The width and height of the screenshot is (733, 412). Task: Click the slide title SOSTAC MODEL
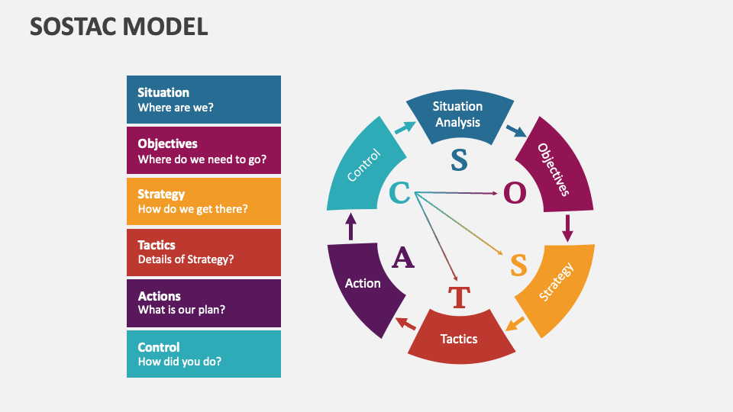(x=118, y=27)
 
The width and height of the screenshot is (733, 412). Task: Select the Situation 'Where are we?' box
(x=204, y=99)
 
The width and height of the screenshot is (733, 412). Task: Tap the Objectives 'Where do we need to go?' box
(x=204, y=150)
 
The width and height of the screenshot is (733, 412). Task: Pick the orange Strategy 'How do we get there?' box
(x=204, y=201)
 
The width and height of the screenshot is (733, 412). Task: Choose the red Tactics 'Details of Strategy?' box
(x=204, y=253)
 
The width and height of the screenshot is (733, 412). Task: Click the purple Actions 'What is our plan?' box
(x=204, y=303)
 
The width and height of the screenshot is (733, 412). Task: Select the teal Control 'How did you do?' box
(x=204, y=354)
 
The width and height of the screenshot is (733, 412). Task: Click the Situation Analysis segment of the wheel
(x=457, y=115)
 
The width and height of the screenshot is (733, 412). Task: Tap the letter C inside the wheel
(x=400, y=193)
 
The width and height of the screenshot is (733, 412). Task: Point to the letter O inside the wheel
(x=515, y=194)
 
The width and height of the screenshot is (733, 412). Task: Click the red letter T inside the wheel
(x=458, y=297)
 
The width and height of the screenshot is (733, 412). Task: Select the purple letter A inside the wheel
(x=403, y=259)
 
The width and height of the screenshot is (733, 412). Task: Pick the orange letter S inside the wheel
(x=518, y=266)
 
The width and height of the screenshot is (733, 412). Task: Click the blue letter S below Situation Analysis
(x=458, y=159)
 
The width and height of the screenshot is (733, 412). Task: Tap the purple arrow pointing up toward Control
(x=351, y=227)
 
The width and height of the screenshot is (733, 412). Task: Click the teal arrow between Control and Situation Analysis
(x=405, y=127)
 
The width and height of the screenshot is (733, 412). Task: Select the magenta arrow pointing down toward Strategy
(x=567, y=227)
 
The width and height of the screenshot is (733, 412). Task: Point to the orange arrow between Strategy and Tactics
(x=515, y=323)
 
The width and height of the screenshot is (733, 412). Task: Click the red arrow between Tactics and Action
(x=405, y=323)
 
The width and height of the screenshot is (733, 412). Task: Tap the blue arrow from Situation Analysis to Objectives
(x=516, y=130)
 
